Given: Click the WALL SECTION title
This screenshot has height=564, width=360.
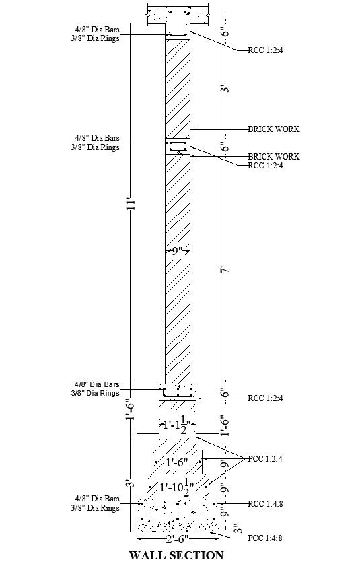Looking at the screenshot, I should [176, 555].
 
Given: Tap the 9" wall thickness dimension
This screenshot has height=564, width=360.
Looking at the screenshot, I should [178, 250].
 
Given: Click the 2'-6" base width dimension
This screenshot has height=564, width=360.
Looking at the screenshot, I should [178, 539].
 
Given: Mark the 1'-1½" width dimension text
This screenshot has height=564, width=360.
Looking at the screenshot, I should [178, 426].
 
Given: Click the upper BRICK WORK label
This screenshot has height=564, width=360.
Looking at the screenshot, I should [274, 129].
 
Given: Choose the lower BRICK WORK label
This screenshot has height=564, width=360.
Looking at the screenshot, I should [274, 156].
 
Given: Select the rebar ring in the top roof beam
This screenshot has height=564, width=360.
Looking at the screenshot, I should [178, 24].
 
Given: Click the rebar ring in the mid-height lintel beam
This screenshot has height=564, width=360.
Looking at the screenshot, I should [178, 146].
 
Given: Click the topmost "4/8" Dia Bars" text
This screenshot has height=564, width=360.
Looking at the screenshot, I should [98, 29].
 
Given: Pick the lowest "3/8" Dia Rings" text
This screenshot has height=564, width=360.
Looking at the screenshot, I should [96, 508].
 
